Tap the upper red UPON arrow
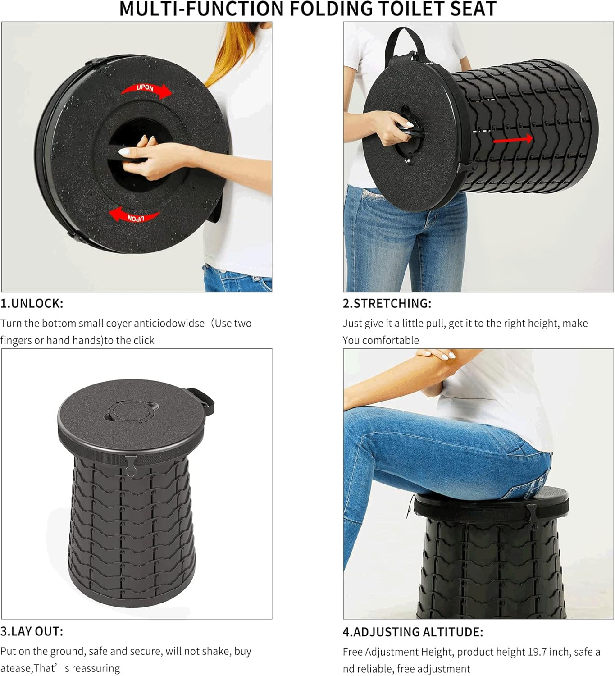click(146, 90)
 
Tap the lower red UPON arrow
click(134, 215)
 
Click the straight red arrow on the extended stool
click(513, 139)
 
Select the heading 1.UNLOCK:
click(32, 304)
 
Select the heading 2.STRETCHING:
click(387, 304)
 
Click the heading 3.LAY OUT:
click(32, 631)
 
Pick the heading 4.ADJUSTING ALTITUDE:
click(413, 632)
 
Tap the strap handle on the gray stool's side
click(202, 402)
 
